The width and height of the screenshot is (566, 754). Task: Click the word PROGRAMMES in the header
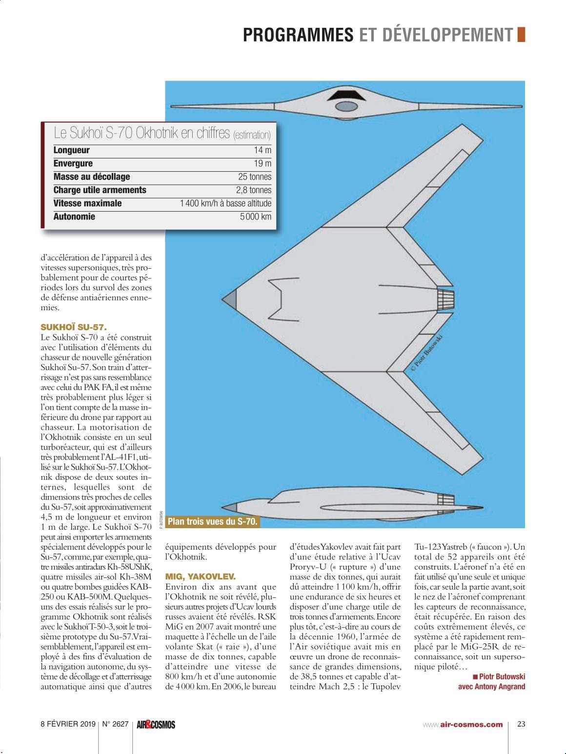pyautogui.click(x=298, y=35)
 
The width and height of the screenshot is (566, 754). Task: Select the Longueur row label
pyautogui.click(x=71, y=150)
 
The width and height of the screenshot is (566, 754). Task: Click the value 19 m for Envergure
pyautogui.click(x=262, y=163)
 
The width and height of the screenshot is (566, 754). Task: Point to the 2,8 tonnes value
pyautogui.click(x=254, y=190)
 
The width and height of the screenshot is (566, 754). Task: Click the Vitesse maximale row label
pyautogui.click(x=87, y=203)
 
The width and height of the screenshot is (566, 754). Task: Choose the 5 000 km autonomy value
pyautogui.click(x=255, y=217)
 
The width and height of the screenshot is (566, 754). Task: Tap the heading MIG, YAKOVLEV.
pyautogui.click(x=201, y=576)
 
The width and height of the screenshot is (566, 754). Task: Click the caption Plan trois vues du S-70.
pyautogui.click(x=212, y=521)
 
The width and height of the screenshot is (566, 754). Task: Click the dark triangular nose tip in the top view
pyautogui.click(x=232, y=298)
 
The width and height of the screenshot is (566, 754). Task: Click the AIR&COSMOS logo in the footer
pyautogui.click(x=155, y=724)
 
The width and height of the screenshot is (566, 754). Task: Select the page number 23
pyautogui.click(x=521, y=724)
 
